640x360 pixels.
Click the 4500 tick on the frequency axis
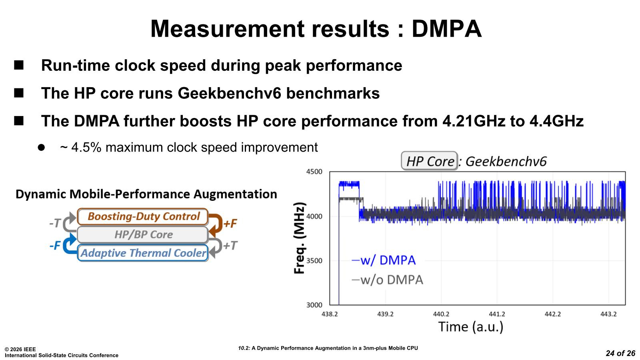[314, 172]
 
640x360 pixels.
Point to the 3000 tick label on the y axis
[314, 305]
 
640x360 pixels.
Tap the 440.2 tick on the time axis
[441, 314]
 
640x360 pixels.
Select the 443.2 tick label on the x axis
[608, 314]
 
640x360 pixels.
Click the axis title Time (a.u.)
[470, 327]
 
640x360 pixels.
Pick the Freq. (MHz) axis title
[300, 238]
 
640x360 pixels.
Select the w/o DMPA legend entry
[388, 280]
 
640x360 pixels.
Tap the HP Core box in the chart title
[430, 161]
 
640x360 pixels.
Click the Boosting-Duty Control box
[143, 216]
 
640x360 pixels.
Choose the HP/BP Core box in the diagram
[143, 234]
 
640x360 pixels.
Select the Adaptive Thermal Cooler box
[143, 253]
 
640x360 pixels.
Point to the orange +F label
[230, 223]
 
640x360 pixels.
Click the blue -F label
[55, 245]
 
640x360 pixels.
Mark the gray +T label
[230, 245]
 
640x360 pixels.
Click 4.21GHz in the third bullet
[474, 121]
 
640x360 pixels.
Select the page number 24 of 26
[620, 353]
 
